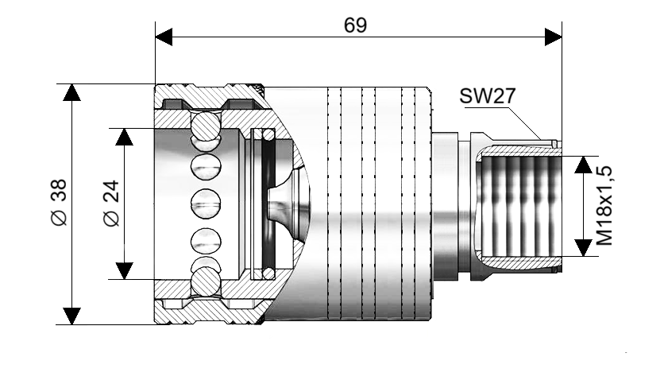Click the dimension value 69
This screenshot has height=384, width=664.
pyautogui.click(x=355, y=25)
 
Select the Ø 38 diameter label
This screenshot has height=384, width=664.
pyautogui.click(x=58, y=204)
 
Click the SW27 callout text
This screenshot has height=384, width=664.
pyautogui.click(x=487, y=96)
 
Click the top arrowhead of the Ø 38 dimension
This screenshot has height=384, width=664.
pyautogui.click(x=72, y=92)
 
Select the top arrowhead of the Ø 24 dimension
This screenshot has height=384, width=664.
pyautogui.click(x=123, y=136)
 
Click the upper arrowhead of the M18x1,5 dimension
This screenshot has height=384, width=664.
pyautogui.click(x=584, y=164)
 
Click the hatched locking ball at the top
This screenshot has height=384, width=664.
pyautogui.click(x=205, y=125)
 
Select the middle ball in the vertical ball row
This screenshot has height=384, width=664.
pyautogui.click(x=205, y=204)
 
